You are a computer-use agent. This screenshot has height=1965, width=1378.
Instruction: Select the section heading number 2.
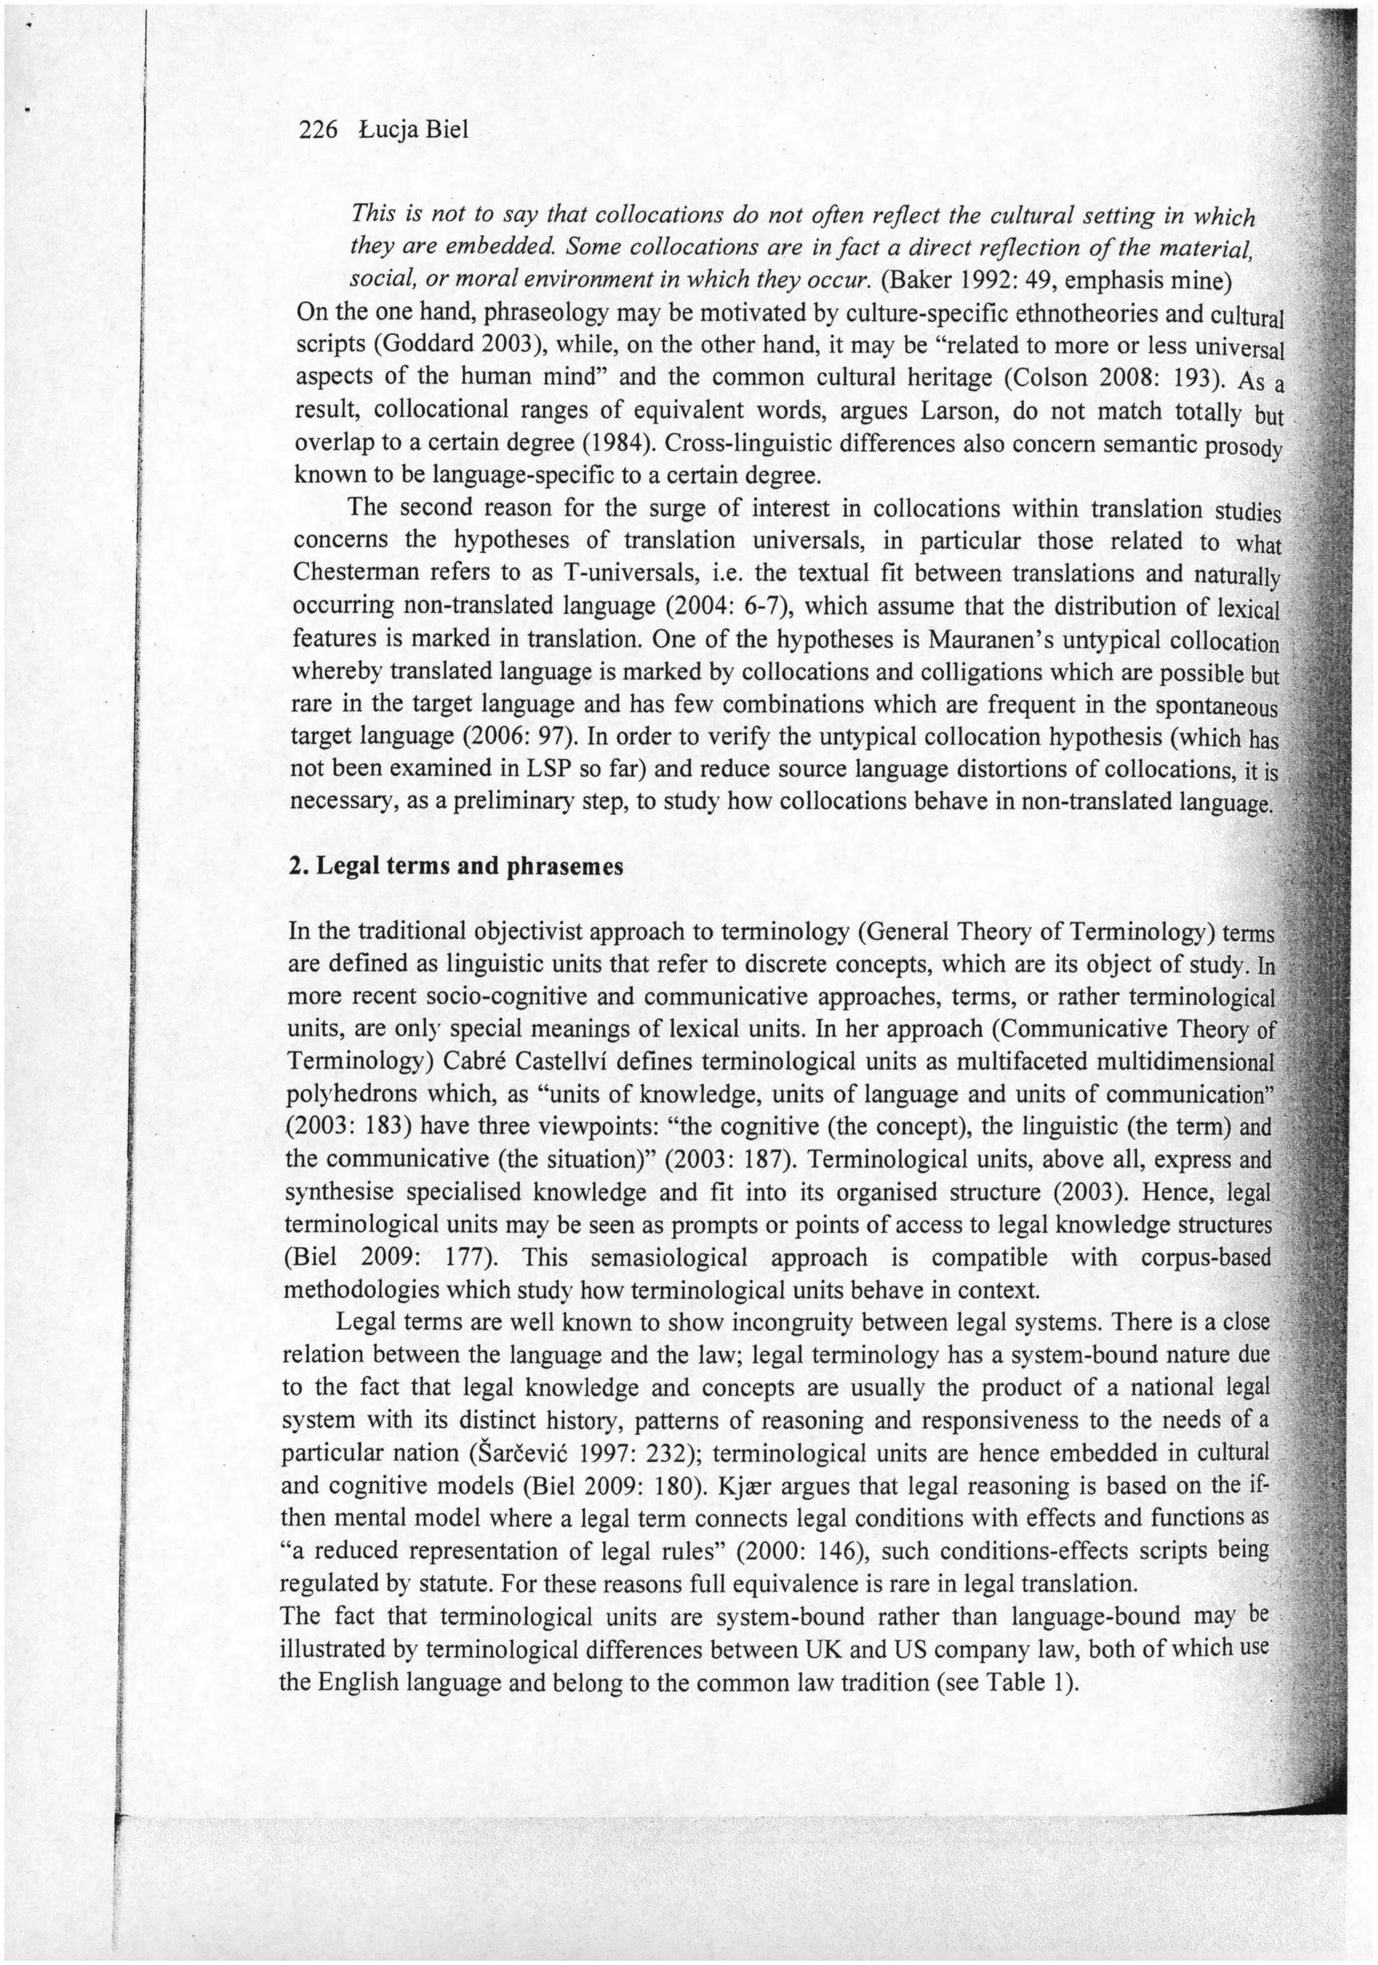point(298,866)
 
